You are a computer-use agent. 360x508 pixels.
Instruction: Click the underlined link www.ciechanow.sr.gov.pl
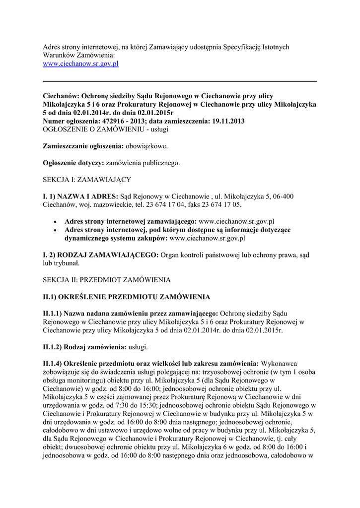pyautogui.click(x=80, y=64)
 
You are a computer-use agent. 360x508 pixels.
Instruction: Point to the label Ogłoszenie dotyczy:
pyautogui.click(x=73, y=163)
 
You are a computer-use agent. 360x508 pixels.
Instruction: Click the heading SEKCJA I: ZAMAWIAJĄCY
pyautogui.click(x=86, y=180)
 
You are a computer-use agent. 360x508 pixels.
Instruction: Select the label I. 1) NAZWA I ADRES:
pyautogui.click(x=80, y=196)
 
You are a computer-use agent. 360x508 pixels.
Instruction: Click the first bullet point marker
pyautogui.click(x=55, y=222)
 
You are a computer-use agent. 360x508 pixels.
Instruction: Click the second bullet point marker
pyautogui.click(x=55, y=230)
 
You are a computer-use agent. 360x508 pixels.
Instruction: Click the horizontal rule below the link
pyautogui.click(x=180, y=80)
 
